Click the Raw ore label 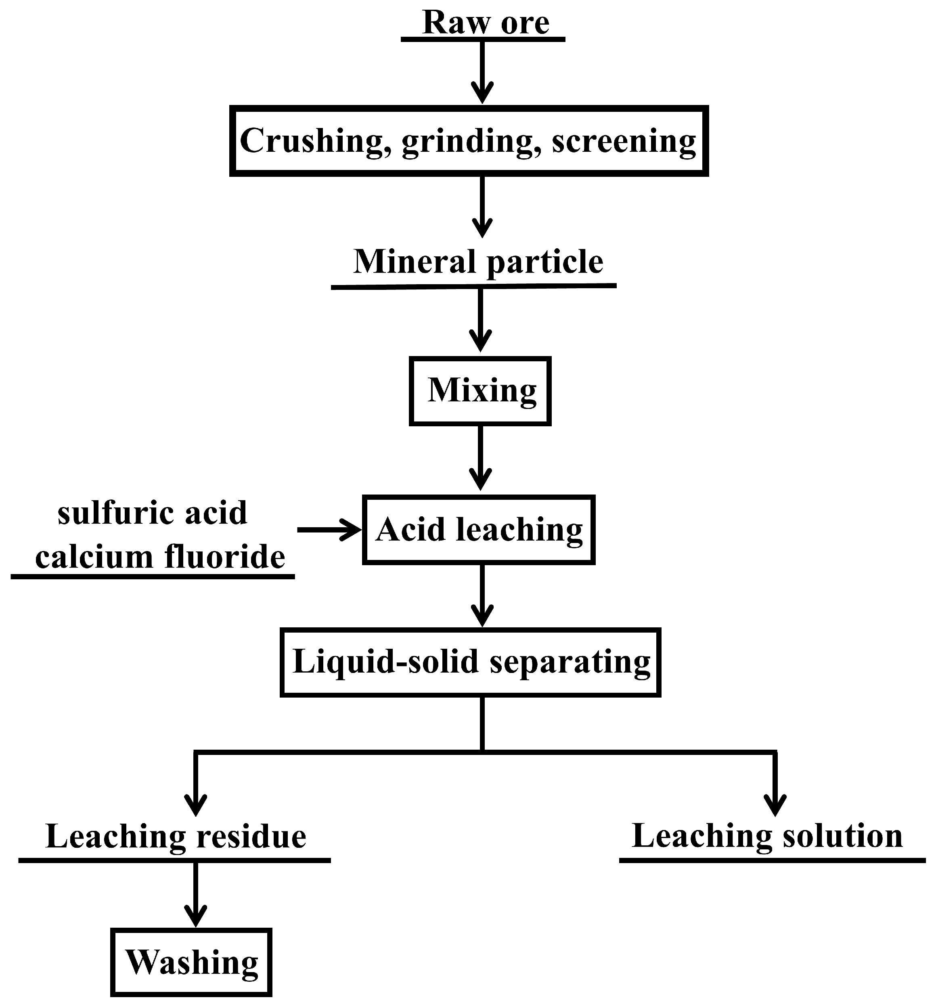(x=485, y=22)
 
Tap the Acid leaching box (x=479, y=530)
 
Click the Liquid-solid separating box (x=471, y=662)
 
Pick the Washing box (x=191, y=962)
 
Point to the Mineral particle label (x=477, y=262)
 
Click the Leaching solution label (x=767, y=836)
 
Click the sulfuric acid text (x=153, y=513)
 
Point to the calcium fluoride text (x=160, y=558)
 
